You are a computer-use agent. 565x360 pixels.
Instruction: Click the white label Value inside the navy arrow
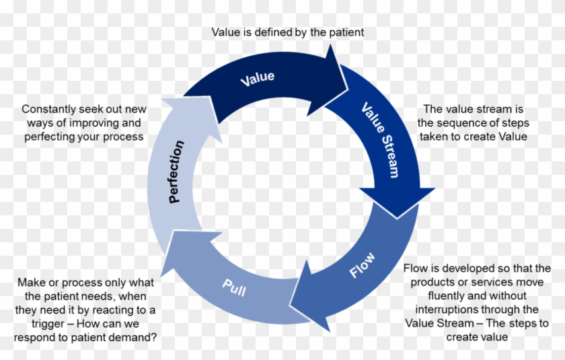point(257,77)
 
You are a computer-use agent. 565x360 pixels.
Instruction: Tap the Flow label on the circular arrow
point(362,265)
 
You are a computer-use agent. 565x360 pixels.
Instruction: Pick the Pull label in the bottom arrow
point(233,290)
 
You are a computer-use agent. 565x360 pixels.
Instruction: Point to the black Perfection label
point(176,172)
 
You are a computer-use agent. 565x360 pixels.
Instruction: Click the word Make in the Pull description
point(31,282)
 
